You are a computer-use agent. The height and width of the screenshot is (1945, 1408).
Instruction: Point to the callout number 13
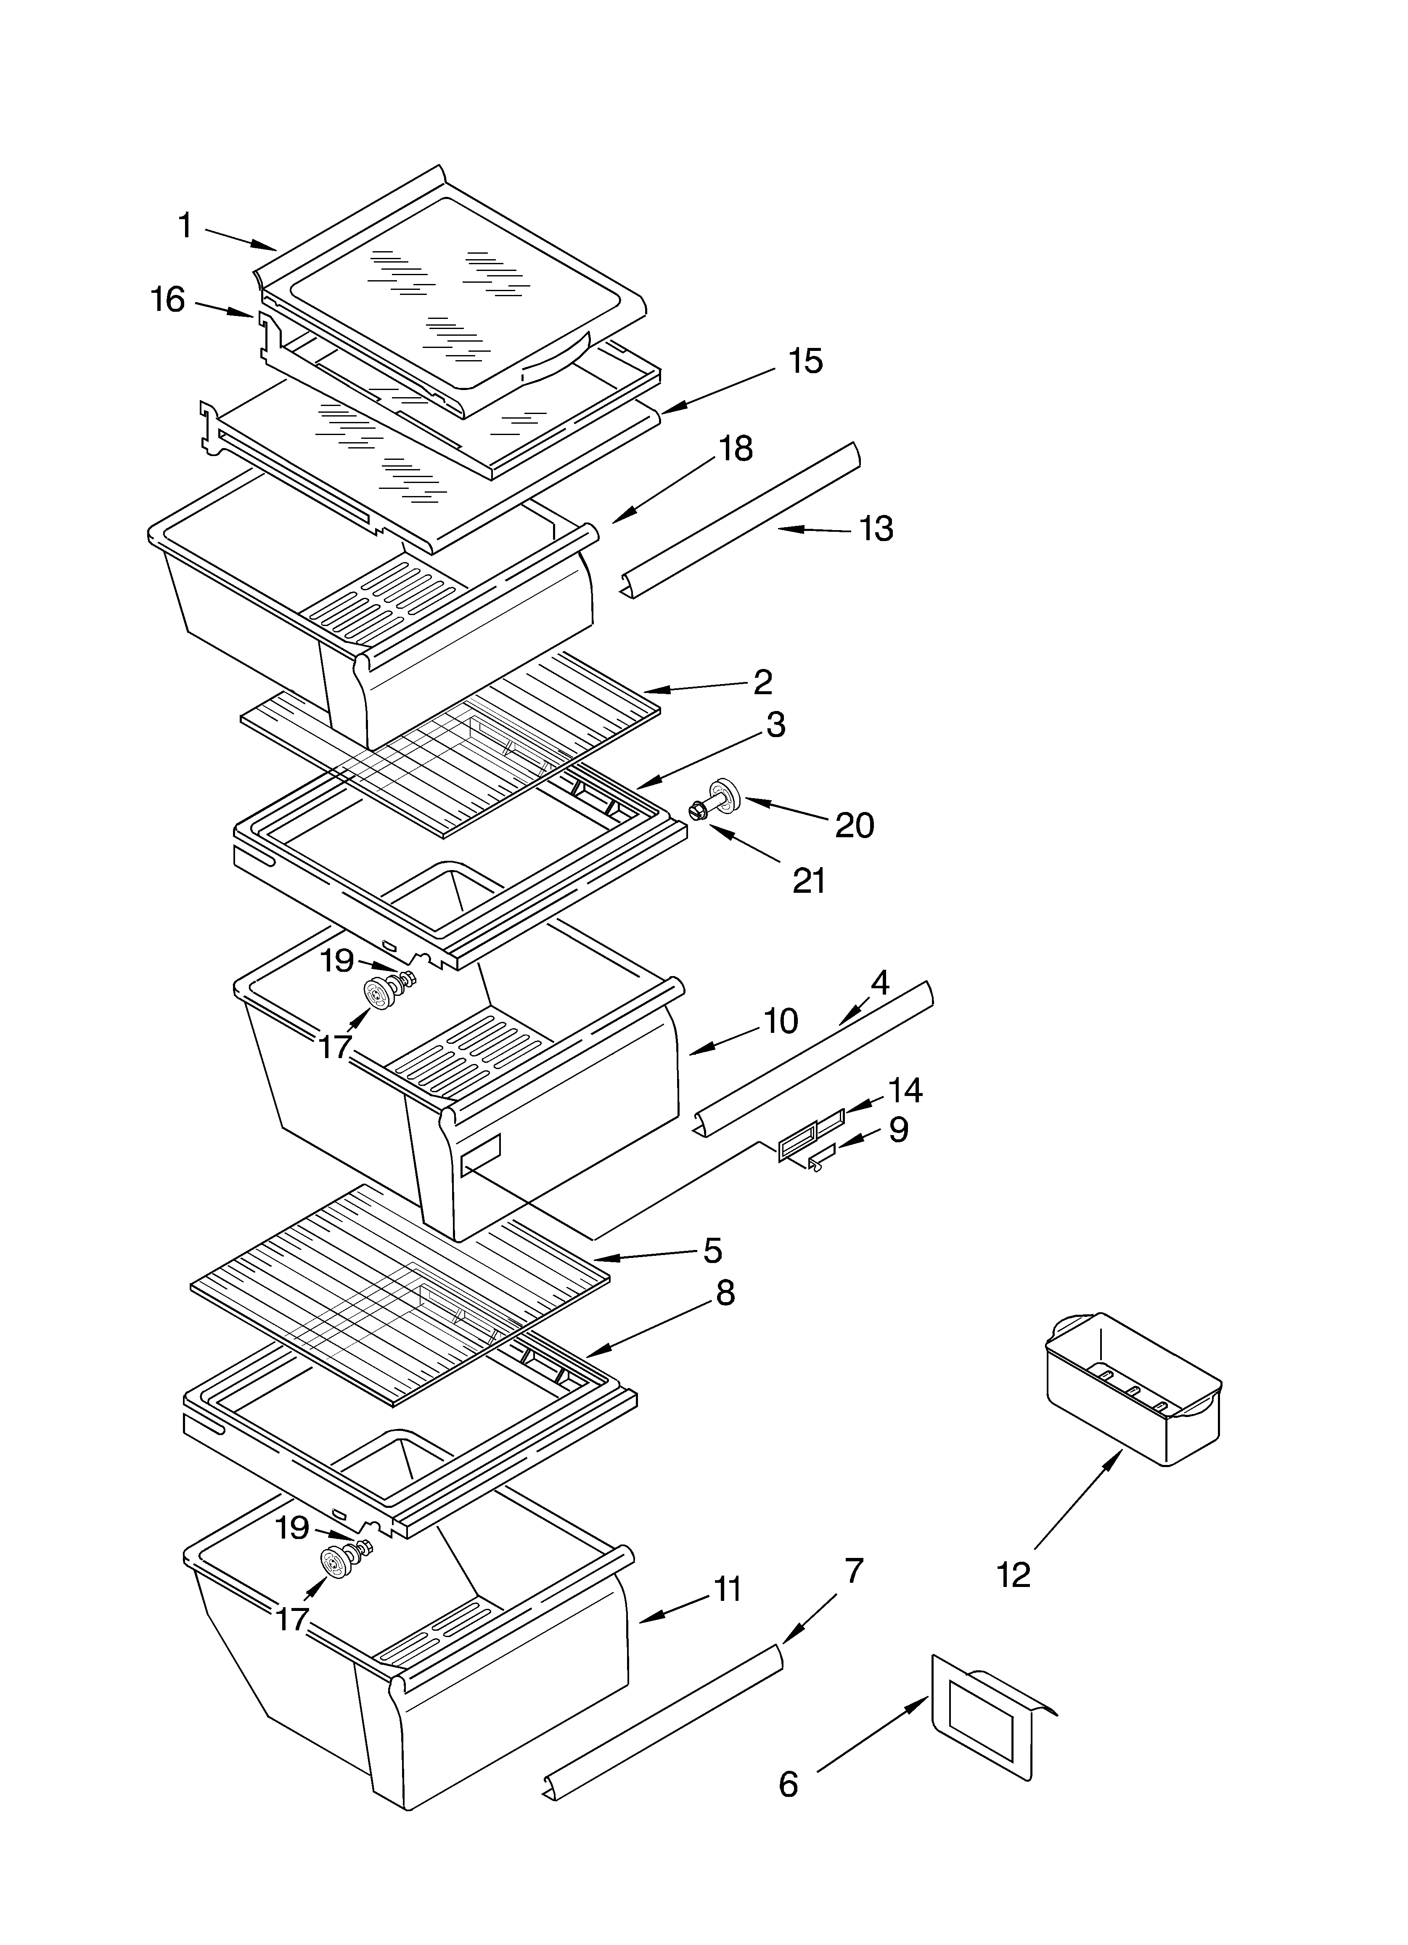876,529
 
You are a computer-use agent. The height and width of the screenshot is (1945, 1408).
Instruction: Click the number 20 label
854,825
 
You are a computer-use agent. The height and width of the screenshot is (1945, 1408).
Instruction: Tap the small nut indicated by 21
696,809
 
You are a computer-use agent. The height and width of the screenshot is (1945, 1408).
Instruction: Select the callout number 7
853,1571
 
